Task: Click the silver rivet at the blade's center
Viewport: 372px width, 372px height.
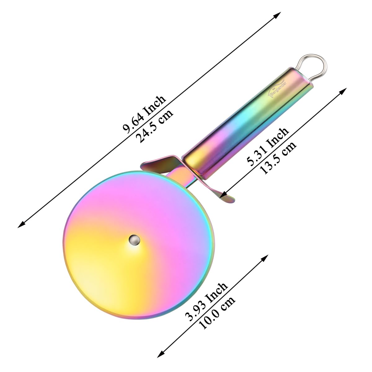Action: pyautogui.click(x=135, y=239)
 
